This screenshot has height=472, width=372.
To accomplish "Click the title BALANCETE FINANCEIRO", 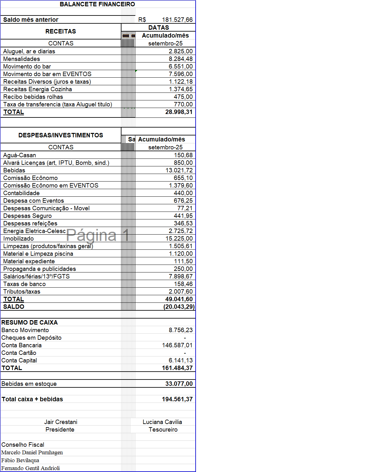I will click(x=97, y=4).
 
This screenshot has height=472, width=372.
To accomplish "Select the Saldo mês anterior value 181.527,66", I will click(x=177, y=20).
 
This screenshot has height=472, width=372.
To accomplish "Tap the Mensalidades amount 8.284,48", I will click(x=180, y=59).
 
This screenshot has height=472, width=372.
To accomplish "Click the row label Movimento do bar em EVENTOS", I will click(x=47, y=74).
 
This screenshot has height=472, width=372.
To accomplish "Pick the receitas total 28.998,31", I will click(x=179, y=112).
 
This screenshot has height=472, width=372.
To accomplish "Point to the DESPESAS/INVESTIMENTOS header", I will click(x=61, y=135).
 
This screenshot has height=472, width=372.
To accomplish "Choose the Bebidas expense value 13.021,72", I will click(x=179, y=170).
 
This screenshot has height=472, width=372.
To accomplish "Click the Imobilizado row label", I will click(x=18, y=238).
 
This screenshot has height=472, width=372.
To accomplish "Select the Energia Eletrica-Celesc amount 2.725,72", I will click(x=180, y=231).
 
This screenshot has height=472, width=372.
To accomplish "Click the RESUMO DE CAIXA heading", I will click(x=29, y=322).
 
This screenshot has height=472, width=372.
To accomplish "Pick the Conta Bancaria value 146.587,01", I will click(x=177, y=345).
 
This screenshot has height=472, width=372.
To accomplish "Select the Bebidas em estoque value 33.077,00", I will click(x=179, y=384).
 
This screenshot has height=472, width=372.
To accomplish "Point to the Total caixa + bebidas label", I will click(x=32, y=399).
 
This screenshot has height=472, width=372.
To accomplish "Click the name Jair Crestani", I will click(x=61, y=422).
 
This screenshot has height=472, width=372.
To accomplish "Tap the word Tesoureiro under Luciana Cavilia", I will click(x=163, y=429).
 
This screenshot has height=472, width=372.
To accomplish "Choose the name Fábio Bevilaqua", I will click(x=20, y=460).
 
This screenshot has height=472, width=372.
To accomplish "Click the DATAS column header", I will click(x=158, y=27).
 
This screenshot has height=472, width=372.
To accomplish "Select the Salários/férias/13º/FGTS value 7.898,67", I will click(x=180, y=276).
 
